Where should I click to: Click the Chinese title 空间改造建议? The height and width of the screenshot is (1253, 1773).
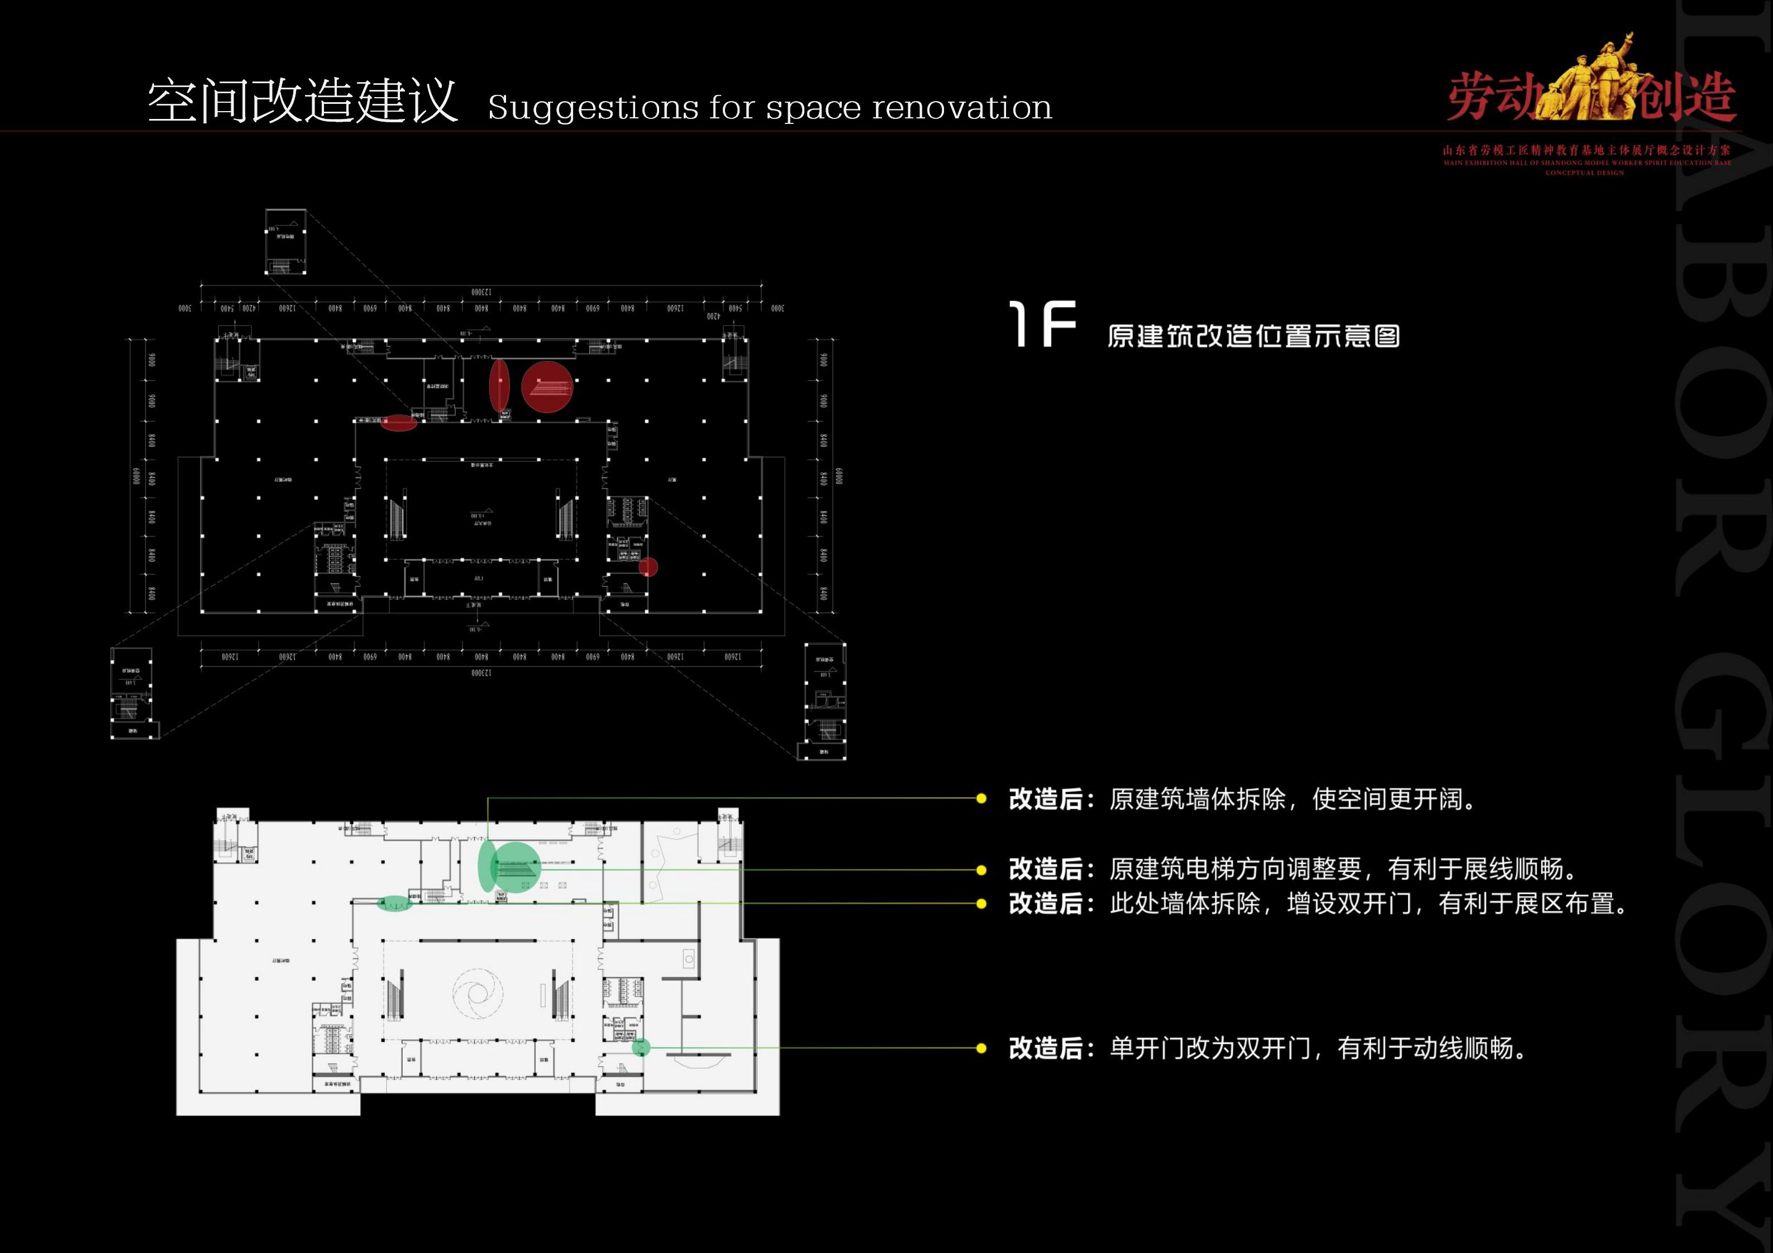(x=303, y=101)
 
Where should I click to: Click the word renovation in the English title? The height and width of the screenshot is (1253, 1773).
(x=961, y=107)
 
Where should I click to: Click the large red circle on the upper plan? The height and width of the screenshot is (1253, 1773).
(x=547, y=386)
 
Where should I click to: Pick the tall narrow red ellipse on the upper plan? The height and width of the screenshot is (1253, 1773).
(x=499, y=385)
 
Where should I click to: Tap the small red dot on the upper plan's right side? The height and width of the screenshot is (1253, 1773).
(x=648, y=567)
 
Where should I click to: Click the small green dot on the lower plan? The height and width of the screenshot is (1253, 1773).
(x=641, y=1048)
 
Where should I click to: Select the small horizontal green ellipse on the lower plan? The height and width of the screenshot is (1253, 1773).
(x=394, y=903)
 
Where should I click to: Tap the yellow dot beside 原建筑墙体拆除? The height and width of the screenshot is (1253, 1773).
(x=981, y=799)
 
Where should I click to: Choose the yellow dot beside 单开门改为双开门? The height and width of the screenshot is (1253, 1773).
(x=981, y=1049)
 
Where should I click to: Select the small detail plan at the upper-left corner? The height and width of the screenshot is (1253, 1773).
(x=285, y=242)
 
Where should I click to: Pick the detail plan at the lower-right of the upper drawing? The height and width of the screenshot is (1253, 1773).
(x=824, y=701)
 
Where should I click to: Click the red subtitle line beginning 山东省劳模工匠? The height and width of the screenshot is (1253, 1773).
(x=1587, y=151)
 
